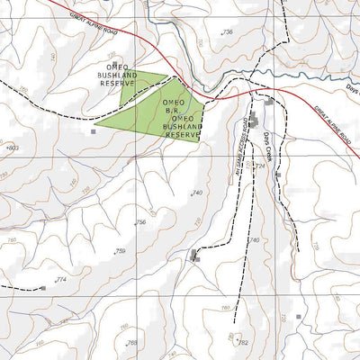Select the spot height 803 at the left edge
(x=11, y=147)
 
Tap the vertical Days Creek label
(x=267, y=143)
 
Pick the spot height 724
(x=262, y=167)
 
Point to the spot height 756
(x=140, y=222)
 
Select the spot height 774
(x=61, y=281)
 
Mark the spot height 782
(x=241, y=342)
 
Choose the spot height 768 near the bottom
(x=132, y=343)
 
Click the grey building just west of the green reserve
(x=93, y=131)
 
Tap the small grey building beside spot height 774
(x=42, y=288)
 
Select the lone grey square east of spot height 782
(x=298, y=317)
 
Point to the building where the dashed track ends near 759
(x=194, y=256)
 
